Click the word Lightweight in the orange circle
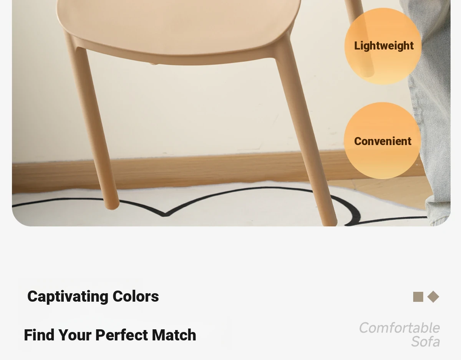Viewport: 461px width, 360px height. point(384,46)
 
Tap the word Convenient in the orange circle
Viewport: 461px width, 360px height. point(383,141)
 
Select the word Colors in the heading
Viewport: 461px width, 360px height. point(136,296)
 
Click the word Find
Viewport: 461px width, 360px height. point(39,335)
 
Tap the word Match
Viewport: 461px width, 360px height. point(174,335)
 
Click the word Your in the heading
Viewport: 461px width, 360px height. point(75,335)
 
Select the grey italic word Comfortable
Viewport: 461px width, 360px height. point(400,328)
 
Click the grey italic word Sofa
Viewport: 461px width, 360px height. point(426,341)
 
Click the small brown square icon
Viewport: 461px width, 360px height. point(418,297)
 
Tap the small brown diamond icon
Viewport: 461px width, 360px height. point(433,297)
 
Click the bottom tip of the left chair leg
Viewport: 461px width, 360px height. point(111,209)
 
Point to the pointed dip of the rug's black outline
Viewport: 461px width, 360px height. point(165,215)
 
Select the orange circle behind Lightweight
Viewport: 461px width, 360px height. point(383,46)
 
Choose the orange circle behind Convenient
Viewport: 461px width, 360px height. point(383,141)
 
